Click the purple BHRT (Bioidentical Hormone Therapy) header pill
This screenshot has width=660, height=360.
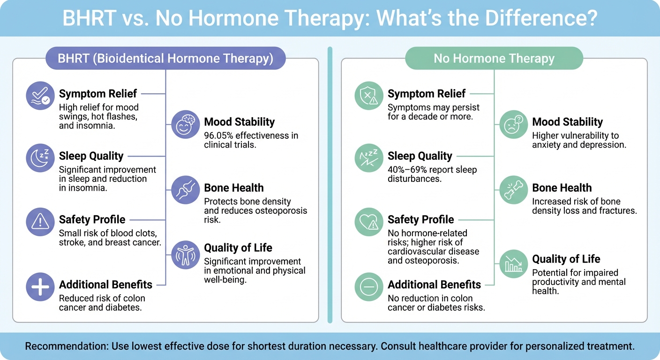[165, 59]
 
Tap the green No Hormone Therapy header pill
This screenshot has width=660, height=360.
[494, 59]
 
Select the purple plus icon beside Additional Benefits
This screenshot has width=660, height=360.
[40, 286]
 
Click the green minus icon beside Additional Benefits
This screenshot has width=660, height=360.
[368, 286]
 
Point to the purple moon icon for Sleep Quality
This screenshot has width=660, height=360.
[40, 159]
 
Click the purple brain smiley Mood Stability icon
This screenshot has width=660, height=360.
[186, 125]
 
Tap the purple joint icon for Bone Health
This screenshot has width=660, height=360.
[186, 190]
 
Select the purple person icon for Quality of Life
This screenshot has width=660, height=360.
[186, 255]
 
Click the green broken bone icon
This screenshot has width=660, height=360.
[514, 190]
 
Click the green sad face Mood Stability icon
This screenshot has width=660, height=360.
[514, 125]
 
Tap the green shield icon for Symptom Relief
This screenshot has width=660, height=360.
[368, 96]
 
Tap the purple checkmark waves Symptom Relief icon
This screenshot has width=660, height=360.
[40, 96]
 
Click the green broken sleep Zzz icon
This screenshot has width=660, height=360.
[368, 159]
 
